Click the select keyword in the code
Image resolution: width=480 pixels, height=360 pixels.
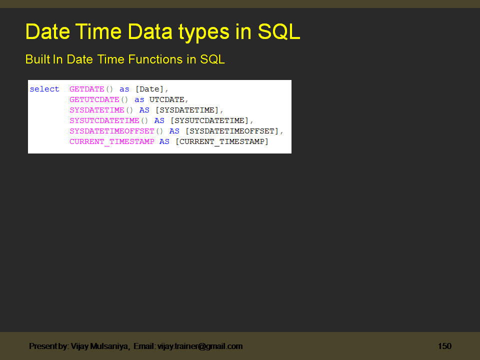44,89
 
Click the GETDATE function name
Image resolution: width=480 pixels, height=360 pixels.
86,89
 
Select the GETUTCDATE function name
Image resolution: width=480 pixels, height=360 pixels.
94,99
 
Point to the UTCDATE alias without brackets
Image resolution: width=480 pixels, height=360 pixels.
166,99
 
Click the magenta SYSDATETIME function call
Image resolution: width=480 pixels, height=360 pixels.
96,110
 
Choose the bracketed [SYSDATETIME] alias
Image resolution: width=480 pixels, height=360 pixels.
186,110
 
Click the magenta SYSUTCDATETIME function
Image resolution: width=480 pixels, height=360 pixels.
104,120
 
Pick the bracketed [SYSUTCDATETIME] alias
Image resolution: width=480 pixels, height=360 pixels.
209,120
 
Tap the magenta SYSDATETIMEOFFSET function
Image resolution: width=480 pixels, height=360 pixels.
111,131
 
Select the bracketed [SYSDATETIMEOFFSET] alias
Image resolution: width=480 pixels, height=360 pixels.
231,131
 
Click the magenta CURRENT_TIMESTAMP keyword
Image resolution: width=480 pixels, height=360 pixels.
111,141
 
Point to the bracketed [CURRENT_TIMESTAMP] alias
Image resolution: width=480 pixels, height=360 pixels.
221,141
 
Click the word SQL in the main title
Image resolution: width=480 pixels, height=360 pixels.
279,32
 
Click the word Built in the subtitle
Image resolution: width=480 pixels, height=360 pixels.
37,59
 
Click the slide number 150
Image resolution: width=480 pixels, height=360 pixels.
444,346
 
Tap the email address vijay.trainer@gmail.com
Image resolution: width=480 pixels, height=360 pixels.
200,346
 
